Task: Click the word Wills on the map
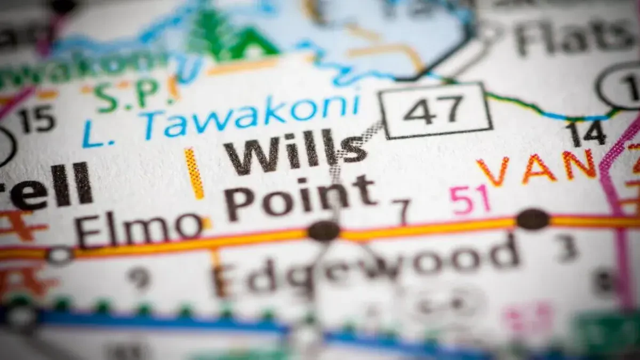(x=295, y=151)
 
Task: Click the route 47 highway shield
(x=435, y=111)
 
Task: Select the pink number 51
(x=469, y=199)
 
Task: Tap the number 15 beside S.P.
(x=37, y=118)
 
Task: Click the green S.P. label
(x=124, y=94)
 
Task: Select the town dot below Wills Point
(x=324, y=231)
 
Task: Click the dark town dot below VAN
(x=532, y=219)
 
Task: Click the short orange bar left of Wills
(x=194, y=173)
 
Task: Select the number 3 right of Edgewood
(x=568, y=248)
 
